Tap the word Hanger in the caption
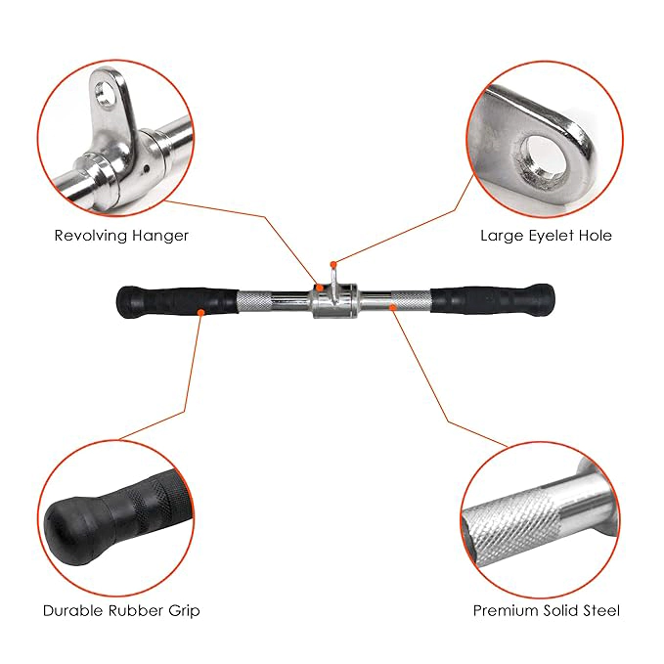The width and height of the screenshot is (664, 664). point(160,236)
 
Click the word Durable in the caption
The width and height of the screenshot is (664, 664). point(73,610)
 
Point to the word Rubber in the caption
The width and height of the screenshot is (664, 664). point(136,610)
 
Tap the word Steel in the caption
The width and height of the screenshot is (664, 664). point(601,610)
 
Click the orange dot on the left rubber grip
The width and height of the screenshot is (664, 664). point(201,313)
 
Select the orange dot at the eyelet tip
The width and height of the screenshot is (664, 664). point(333,264)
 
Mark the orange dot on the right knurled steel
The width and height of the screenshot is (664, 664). point(393,307)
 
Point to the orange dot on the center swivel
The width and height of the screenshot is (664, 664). point(320,288)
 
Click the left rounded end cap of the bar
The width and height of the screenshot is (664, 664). point(126,302)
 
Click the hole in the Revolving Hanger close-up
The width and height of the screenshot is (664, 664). point(105,93)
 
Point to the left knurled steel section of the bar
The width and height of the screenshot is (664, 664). point(253,300)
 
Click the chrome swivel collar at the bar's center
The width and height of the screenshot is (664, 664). point(334,300)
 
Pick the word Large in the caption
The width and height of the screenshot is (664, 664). point(497,236)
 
